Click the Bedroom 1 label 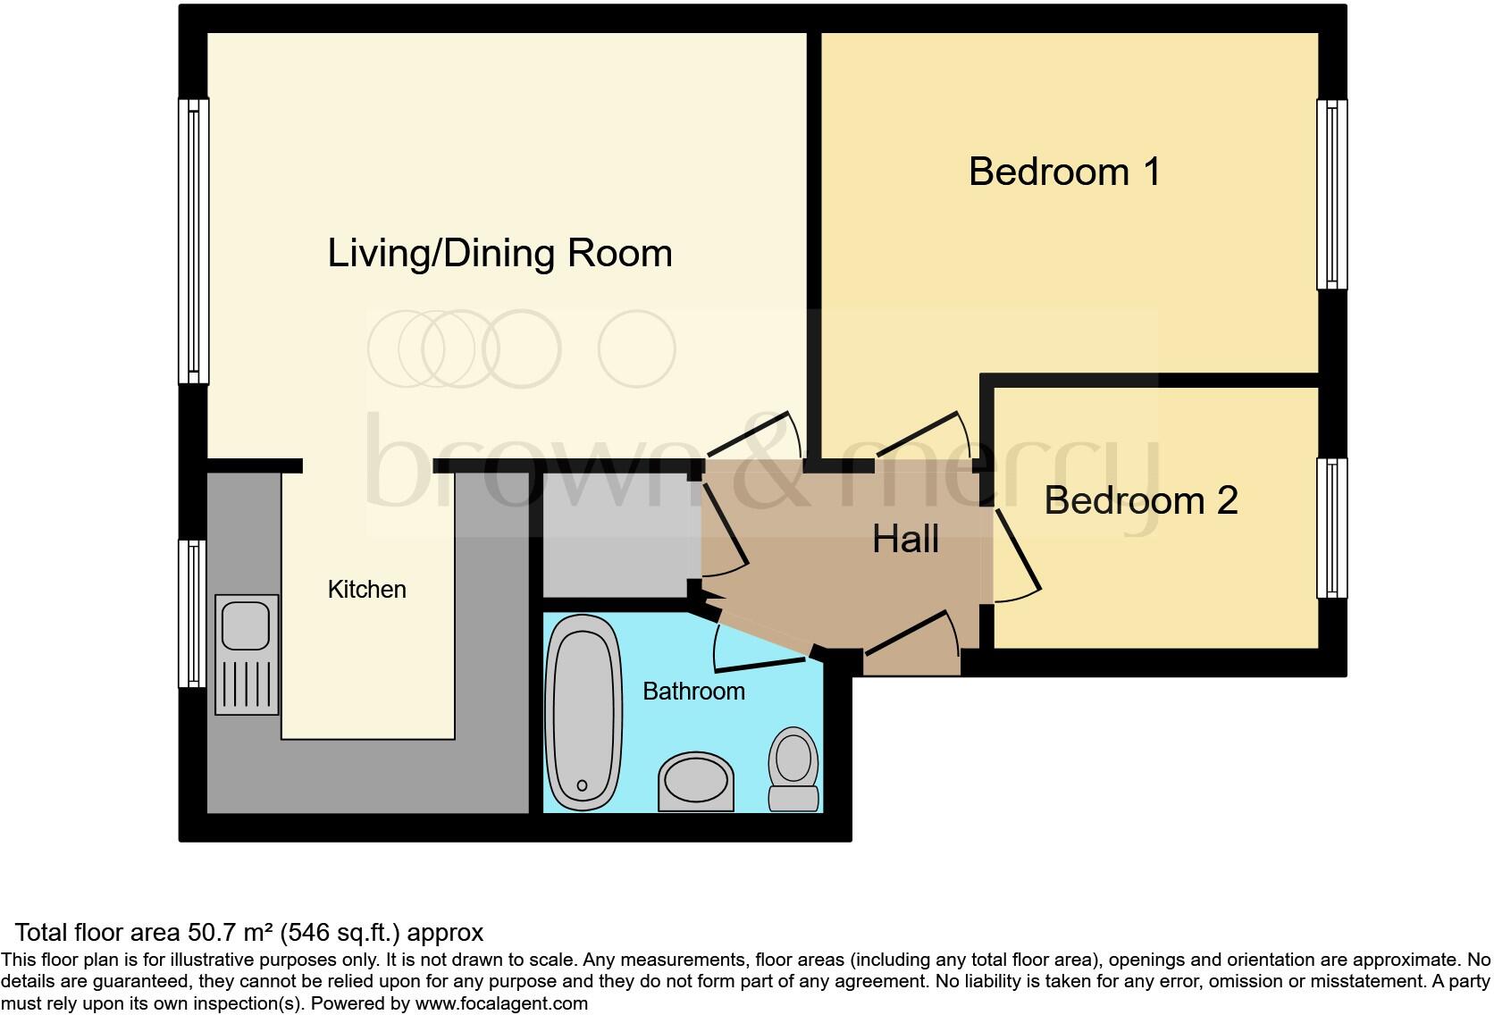tap(1064, 172)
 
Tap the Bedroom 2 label tap(1141, 500)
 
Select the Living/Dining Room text tap(499, 253)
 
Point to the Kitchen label tap(366, 590)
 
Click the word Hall tap(905, 540)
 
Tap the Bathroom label tap(693, 692)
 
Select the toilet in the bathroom tap(793, 769)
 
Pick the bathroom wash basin tap(696, 782)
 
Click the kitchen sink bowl tap(246, 625)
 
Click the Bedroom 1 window tap(1331, 195)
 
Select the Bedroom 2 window tap(1331, 528)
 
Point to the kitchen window tap(192, 614)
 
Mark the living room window tap(193, 241)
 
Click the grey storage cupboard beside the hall tap(617, 535)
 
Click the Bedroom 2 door tap(1017, 554)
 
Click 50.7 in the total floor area tap(209, 933)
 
